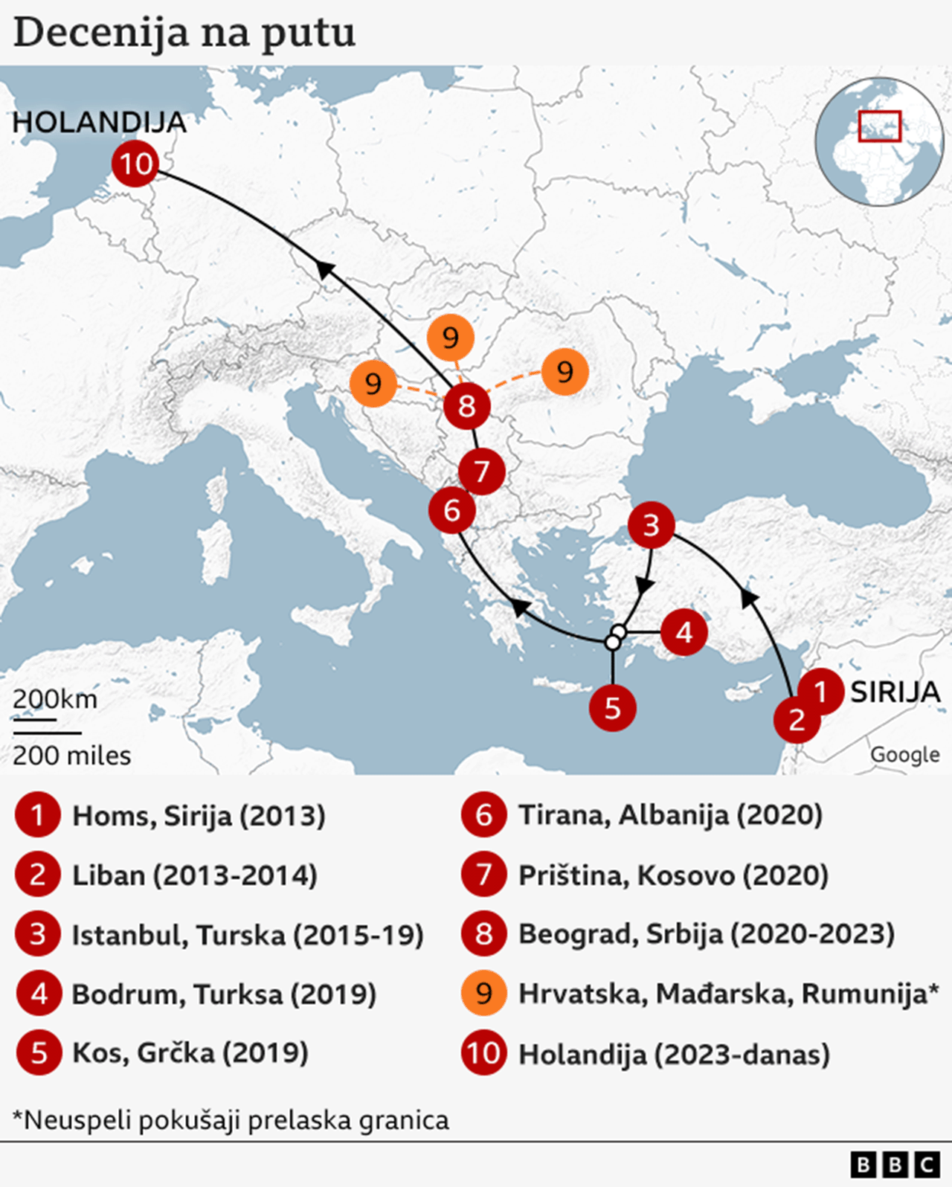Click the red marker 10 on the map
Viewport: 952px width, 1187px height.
(135, 164)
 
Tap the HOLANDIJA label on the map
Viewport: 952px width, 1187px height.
(99, 123)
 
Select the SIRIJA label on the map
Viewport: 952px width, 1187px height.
(895, 692)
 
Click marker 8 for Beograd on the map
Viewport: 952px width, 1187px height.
(466, 406)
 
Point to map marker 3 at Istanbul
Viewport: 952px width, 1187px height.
(651, 525)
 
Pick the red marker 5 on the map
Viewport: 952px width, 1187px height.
(612, 707)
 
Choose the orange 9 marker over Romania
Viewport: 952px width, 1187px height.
(565, 372)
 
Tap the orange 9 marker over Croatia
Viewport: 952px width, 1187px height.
(373, 384)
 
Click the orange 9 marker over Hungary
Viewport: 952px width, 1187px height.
(450, 338)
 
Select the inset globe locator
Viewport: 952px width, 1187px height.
(879, 141)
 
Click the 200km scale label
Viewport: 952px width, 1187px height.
(55, 699)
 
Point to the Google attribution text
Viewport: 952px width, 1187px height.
(904, 754)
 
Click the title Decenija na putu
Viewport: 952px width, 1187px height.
(184, 33)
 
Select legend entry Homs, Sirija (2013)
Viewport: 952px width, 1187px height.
(199, 816)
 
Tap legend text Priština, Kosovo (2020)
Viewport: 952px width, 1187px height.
(673, 875)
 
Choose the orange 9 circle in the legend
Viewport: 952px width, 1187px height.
(483, 994)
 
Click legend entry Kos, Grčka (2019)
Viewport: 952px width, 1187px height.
(190, 1053)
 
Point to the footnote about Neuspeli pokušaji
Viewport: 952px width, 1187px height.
(231, 1120)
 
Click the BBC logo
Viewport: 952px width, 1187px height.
(895, 1164)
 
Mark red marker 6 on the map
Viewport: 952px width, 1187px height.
(451, 510)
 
